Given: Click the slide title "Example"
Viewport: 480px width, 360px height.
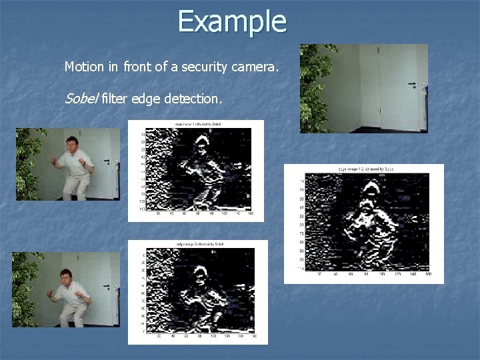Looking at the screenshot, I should tap(231, 21).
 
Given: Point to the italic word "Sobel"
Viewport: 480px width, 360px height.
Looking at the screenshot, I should tap(81, 99).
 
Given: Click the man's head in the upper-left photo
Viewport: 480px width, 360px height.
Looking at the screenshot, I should tap(71, 144).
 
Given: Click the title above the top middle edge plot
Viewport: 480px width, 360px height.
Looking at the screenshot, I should tap(198, 125).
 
